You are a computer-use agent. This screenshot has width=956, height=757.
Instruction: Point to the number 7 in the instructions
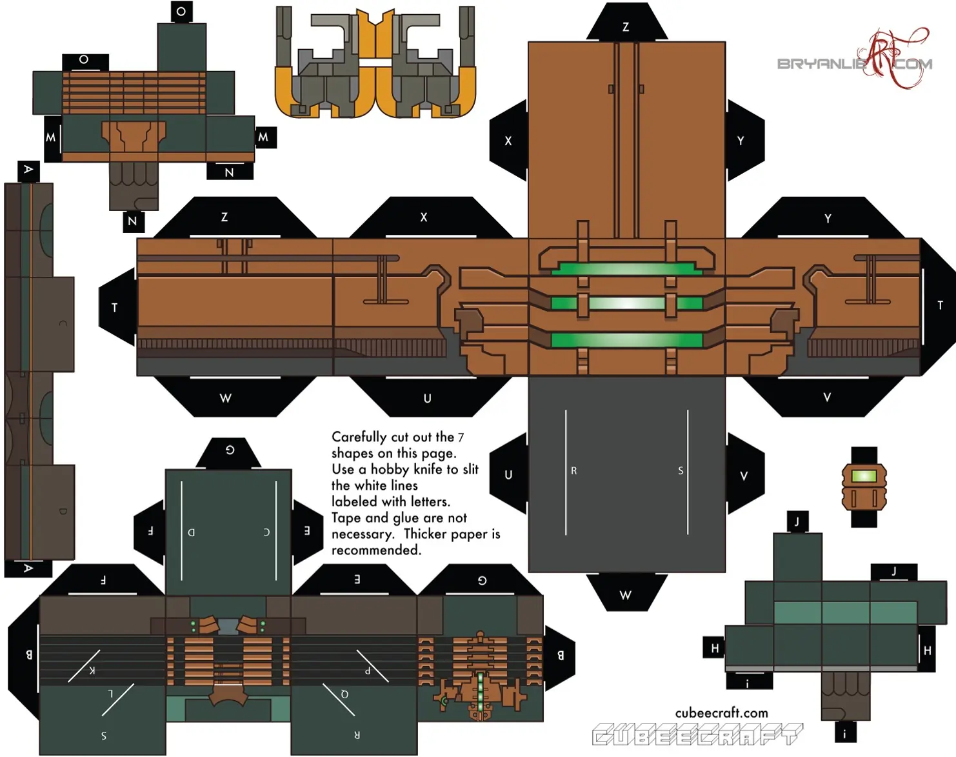coord(461,438)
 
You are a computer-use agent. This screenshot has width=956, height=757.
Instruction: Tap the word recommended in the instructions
coord(376,550)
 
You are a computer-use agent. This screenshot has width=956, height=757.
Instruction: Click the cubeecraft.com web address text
coord(721,713)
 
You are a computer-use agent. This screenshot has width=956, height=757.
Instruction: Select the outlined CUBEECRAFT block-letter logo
coord(697,734)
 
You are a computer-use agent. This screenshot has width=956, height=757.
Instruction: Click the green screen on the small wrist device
coord(864,476)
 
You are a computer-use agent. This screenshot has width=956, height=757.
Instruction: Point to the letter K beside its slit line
coord(92,670)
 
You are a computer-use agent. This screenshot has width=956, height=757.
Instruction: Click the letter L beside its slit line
coord(110,694)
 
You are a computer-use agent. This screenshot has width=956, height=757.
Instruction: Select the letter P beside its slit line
coord(368,671)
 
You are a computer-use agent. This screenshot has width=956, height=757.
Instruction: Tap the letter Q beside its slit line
coord(344,694)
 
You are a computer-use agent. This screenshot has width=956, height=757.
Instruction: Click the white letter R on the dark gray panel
coord(573,471)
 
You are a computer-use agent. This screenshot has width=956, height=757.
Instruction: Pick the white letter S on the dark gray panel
coord(681,471)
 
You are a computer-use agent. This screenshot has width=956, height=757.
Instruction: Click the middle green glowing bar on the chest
coord(626,303)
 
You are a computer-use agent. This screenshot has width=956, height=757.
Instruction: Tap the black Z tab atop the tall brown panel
coord(626,26)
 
